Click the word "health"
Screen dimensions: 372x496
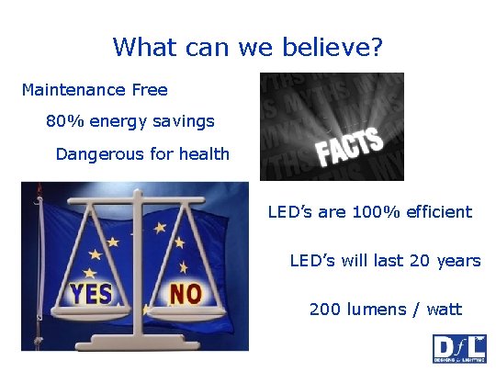click(204, 153)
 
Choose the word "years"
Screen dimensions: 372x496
click(456, 261)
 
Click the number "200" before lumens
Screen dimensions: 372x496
click(325, 310)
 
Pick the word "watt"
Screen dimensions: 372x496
click(444, 310)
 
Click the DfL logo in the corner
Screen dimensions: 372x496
click(459, 349)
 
